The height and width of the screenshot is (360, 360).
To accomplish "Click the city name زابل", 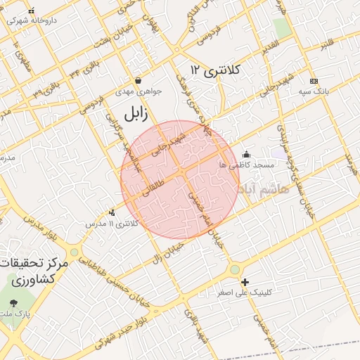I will click(140, 112).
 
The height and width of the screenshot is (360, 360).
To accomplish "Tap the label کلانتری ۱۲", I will click(216, 70).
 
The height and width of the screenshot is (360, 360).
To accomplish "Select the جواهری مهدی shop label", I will click(139, 91).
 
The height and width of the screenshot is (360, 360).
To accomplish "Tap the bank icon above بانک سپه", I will click(314, 80).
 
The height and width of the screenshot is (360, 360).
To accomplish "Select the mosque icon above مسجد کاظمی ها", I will click(245, 155).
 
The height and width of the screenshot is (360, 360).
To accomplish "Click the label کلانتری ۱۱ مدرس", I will click(112, 224).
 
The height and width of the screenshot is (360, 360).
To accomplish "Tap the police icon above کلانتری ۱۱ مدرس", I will click(112, 212).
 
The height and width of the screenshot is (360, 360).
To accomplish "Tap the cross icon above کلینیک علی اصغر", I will click(245, 281).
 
